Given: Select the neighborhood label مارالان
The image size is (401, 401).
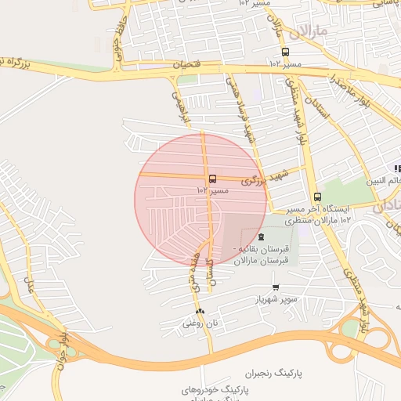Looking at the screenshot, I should (x=307, y=34).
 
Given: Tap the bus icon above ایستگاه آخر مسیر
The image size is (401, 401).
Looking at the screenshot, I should (x=317, y=197).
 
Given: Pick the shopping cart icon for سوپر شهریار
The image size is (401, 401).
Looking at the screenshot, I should (x=275, y=288).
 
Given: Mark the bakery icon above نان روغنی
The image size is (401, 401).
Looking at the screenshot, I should (x=199, y=311).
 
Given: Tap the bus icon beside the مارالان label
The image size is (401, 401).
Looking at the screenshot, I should (x=285, y=52).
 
